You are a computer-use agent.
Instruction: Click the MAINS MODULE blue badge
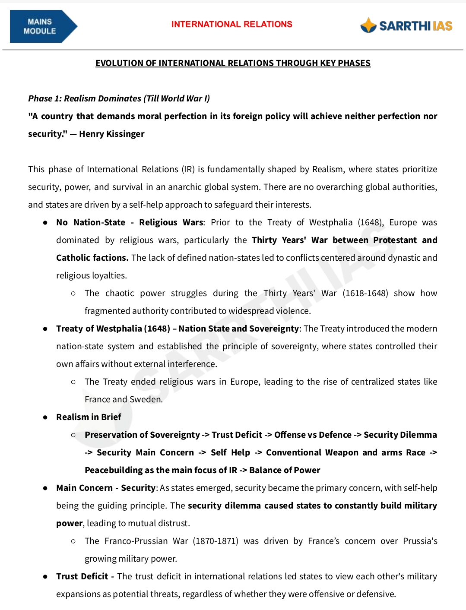[x=42, y=26]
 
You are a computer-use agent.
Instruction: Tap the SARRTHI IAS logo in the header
[x=406, y=26]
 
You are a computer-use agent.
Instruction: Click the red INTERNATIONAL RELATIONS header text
[x=231, y=25]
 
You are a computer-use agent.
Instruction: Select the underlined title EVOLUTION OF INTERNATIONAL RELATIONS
[x=233, y=63]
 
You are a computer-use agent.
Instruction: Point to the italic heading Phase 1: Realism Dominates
[x=119, y=98]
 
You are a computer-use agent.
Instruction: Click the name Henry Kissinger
[x=111, y=134]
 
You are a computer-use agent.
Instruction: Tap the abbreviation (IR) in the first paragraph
[x=188, y=169]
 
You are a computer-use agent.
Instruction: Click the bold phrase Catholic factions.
[x=92, y=258]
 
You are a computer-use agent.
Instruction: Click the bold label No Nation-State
[x=91, y=222]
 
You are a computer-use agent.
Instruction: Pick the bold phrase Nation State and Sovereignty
[x=238, y=329]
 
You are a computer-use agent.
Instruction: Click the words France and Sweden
[x=123, y=399]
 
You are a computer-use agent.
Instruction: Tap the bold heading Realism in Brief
[x=89, y=417]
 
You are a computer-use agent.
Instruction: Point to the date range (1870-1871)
[x=215, y=541]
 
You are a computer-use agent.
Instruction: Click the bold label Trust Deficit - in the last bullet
[x=85, y=576]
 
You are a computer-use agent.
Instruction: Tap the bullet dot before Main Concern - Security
[x=45, y=488]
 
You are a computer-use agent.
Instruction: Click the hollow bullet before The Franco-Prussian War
[x=73, y=541]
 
